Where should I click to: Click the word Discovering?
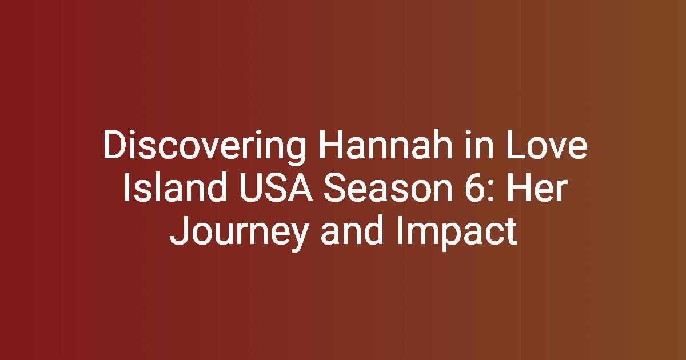205,147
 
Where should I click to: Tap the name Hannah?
386,145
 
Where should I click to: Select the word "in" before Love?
479,145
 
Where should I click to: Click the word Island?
175,187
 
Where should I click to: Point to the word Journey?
238,233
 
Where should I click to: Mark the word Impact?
457,233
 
